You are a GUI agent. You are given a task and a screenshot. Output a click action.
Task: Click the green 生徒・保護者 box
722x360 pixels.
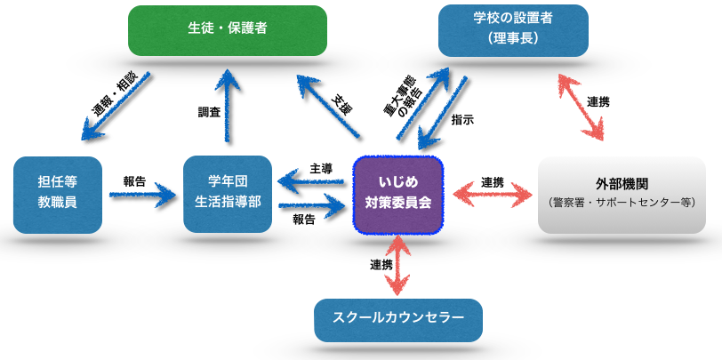click(x=228, y=30)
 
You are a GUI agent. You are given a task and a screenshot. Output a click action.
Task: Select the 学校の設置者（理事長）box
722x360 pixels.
click(x=513, y=30)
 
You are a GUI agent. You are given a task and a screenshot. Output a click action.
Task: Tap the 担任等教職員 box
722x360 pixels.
click(x=58, y=195)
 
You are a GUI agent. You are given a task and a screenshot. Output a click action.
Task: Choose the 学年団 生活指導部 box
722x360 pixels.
click(x=228, y=194)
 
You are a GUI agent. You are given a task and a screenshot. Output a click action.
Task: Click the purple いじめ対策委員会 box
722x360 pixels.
click(x=398, y=195)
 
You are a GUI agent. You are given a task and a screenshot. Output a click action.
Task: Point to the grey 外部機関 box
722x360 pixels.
click(x=622, y=195)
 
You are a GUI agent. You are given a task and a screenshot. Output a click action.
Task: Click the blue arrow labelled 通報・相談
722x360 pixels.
click(x=116, y=106)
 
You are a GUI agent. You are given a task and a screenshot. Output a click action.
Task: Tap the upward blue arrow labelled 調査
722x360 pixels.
click(x=228, y=105)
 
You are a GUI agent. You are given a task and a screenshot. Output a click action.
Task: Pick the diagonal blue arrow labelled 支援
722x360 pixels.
click(x=328, y=107)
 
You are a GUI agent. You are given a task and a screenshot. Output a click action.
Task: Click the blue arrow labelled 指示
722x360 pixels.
click(x=442, y=113)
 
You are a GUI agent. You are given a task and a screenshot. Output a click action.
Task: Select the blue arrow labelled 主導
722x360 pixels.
click(x=312, y=183)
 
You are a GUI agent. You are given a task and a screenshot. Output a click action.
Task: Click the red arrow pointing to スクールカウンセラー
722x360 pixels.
click(x=397, y=267)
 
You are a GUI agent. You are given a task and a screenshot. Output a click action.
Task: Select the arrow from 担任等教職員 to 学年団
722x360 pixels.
click(x=143, y=196)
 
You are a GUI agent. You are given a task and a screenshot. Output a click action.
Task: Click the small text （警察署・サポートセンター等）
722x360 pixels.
click(x=622, y=203)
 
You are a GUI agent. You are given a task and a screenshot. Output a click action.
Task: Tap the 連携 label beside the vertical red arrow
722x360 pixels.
click(x=381, y=265)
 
